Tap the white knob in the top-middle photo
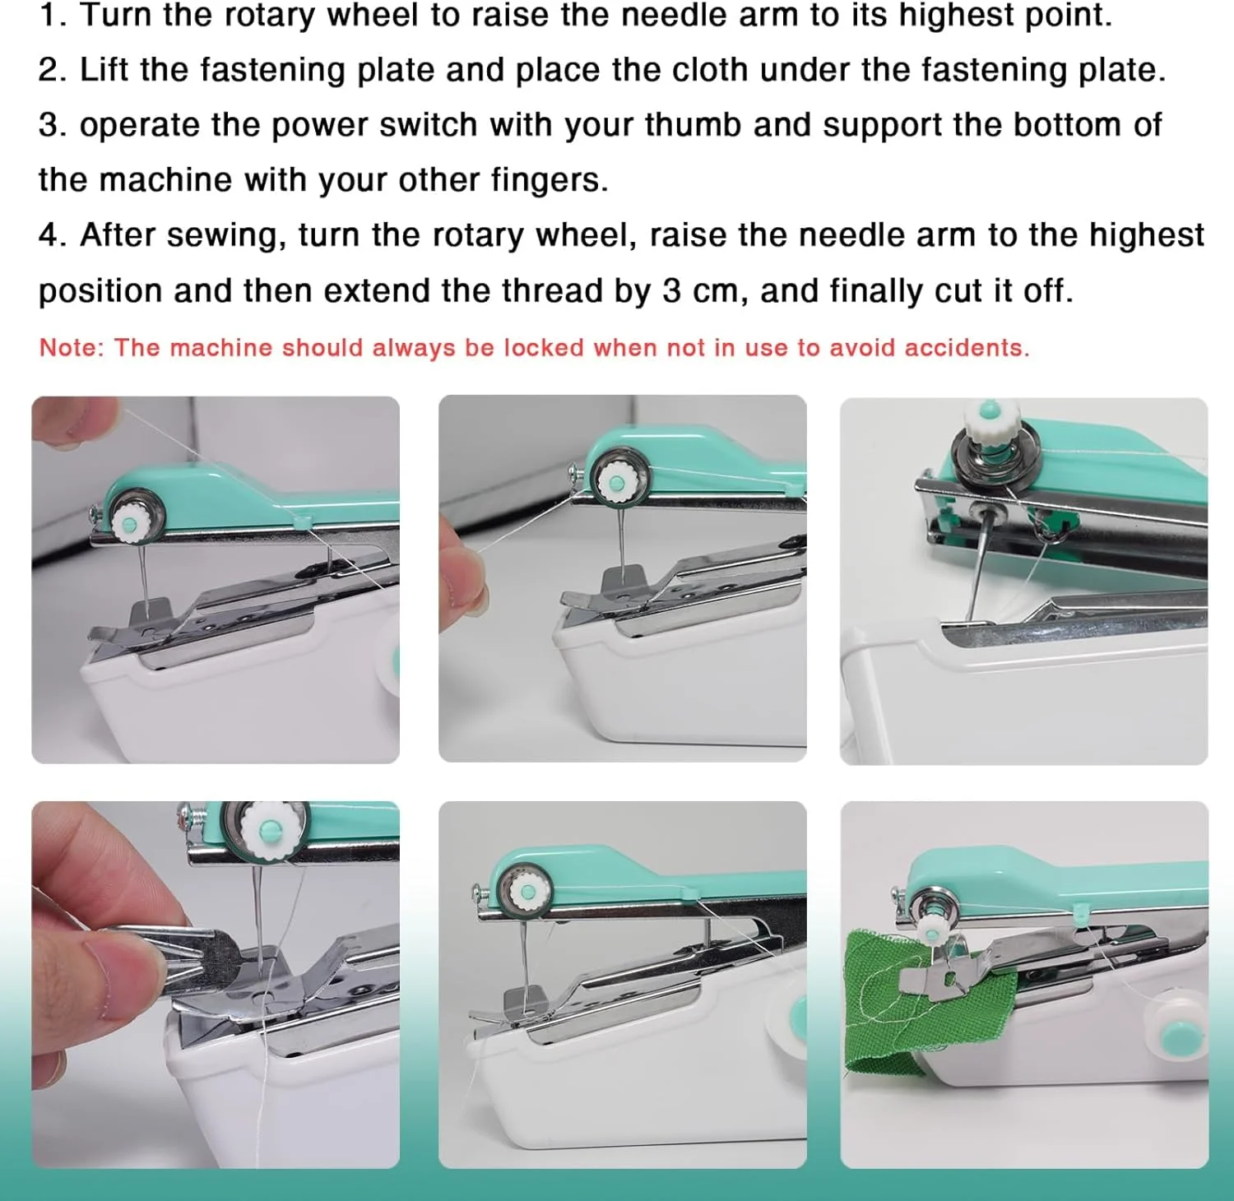(615, 482)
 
